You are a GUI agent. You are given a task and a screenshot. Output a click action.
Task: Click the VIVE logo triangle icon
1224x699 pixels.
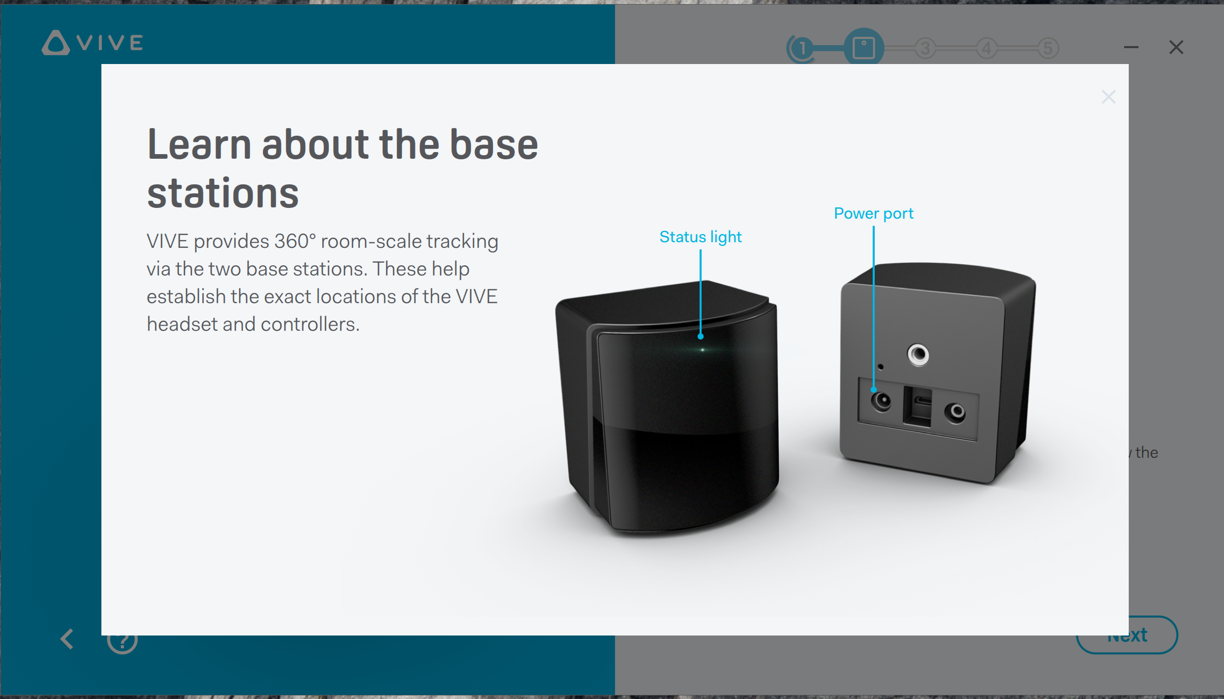pos(55,43)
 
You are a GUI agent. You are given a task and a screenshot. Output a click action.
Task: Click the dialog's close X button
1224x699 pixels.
pos(1108,97)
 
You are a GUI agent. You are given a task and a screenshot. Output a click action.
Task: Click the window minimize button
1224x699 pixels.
pos(1131,47)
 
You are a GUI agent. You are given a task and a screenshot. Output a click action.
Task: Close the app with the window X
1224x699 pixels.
pos(1176,47)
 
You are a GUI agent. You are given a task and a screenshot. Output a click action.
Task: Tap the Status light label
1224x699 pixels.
pos(701,237)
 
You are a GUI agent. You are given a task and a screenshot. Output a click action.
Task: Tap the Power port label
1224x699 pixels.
pos(874,214)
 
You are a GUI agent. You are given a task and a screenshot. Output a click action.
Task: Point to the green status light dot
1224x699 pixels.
pos(703,350)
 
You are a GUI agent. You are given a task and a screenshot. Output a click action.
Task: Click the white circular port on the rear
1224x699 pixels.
pos(918,354)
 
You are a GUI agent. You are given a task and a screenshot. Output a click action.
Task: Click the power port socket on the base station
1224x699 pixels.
pos(881,401)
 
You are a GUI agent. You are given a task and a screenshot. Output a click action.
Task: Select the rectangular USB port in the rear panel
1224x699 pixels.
pos(917,407)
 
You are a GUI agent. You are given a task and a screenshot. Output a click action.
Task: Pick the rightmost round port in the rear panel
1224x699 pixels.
pos(955,413)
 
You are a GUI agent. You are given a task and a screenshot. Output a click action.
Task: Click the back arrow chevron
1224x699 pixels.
pos(67,639)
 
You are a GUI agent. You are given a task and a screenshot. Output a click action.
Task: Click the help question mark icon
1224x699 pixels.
pos(122,640)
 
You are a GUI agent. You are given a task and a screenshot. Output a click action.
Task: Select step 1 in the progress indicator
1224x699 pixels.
pos(802,49)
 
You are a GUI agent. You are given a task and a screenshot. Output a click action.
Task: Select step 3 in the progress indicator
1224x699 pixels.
pos(925,49)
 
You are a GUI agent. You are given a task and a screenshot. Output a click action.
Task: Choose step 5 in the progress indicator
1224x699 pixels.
pos(1048,49)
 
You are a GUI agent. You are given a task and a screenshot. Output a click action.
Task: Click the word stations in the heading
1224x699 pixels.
pos(223,194)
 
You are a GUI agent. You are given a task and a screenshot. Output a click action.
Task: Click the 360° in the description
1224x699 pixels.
pos(295,241)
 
